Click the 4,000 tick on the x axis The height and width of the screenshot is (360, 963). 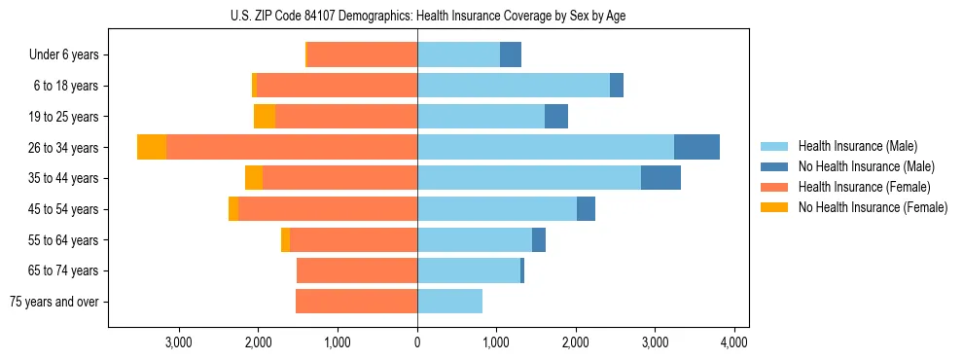[x=733, y=342]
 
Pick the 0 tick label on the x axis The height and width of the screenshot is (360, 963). [x=417, y=342]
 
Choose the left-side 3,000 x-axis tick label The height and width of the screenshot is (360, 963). [x=178, y=342]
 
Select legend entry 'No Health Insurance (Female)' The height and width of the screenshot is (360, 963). [x=873, y=207]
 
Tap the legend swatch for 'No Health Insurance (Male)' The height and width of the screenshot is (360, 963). [x=775, y=166]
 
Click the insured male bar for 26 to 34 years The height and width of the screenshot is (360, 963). [x=545, y=147]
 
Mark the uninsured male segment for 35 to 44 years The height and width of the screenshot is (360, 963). [x=660, y=178]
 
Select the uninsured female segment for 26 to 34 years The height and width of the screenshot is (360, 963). [x=152, y=147]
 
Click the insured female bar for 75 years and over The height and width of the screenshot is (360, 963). [x=356, y=302]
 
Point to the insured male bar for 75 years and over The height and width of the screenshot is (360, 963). [x=449, y=302]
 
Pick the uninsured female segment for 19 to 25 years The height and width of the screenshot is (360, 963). [x=265, y=117]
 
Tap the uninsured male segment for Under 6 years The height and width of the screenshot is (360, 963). [x=511, y=55]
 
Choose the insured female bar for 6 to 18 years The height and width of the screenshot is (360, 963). [x=337, y=86]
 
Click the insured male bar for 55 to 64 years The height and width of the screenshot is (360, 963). [x=475, y=239]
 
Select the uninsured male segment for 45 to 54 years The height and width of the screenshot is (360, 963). [x=586, y=209]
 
